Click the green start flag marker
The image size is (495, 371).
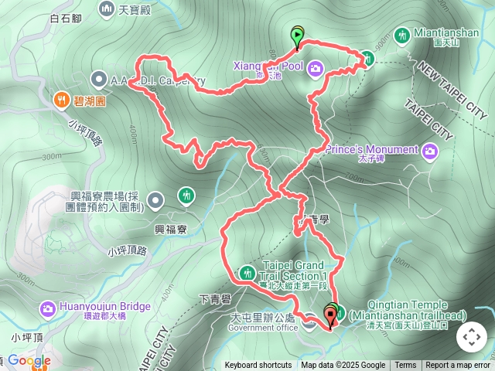pos(298,36)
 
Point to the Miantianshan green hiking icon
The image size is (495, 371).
pos(401,35)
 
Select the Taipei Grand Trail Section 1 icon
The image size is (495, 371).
pos(247,272)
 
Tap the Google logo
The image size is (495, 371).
pos(29,360)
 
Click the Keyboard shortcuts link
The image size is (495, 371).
pos(258,366)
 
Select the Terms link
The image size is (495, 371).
pos(405,366)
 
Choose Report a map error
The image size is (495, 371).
pos(459,366)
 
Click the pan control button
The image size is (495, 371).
pos(471,337)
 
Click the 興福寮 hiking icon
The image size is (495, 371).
pos(186,195)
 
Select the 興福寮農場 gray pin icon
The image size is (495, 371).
pos(155,201)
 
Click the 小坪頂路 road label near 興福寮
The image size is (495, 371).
pos(128,250)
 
